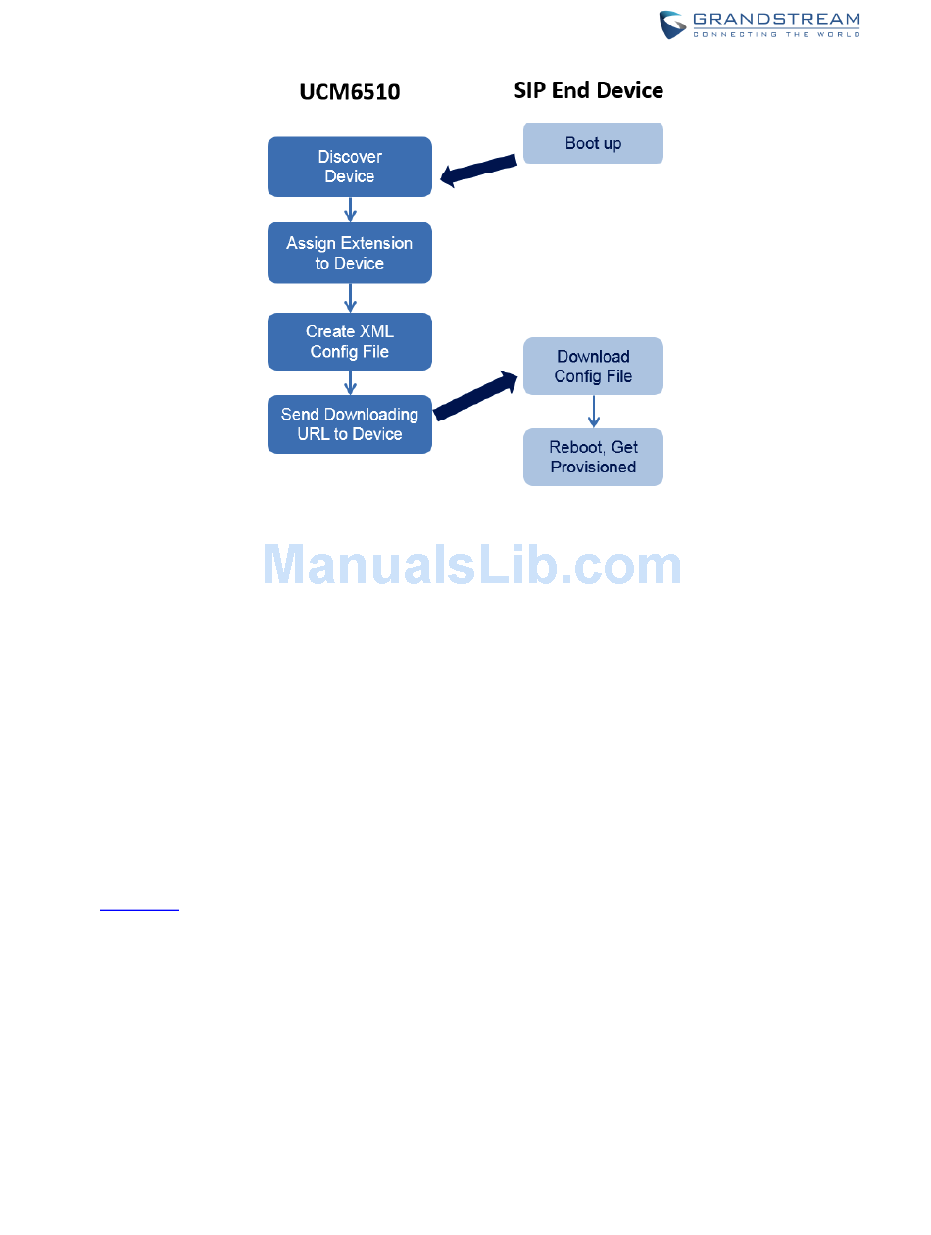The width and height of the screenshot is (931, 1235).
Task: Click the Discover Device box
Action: [350, 167]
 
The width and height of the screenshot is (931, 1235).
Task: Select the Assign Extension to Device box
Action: [350, 253]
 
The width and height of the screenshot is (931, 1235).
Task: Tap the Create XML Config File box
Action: [350, 341]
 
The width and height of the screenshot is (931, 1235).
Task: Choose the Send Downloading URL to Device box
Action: [350, 424]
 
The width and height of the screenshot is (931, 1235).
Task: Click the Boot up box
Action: [593, 143]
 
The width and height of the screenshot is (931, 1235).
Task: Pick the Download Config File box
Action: [593, 367]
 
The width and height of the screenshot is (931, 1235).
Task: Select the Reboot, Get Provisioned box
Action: [593, 457]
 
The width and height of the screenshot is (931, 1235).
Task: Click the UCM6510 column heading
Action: [350, 93]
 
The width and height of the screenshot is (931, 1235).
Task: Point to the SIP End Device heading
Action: [589, 91]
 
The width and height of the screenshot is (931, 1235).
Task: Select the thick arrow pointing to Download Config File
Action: [476, 394]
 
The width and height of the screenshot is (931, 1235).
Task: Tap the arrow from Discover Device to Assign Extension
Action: [350, 210]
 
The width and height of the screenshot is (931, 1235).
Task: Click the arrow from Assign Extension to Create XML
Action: [350, 298]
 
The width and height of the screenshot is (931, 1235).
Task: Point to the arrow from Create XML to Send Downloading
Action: [350, 382]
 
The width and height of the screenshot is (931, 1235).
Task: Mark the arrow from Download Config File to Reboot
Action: [593, 412]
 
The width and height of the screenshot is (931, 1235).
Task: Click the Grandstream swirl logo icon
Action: [672, 25]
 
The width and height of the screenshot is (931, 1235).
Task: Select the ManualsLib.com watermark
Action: [472, 566]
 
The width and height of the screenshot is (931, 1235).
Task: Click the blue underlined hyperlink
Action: [140, 908]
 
